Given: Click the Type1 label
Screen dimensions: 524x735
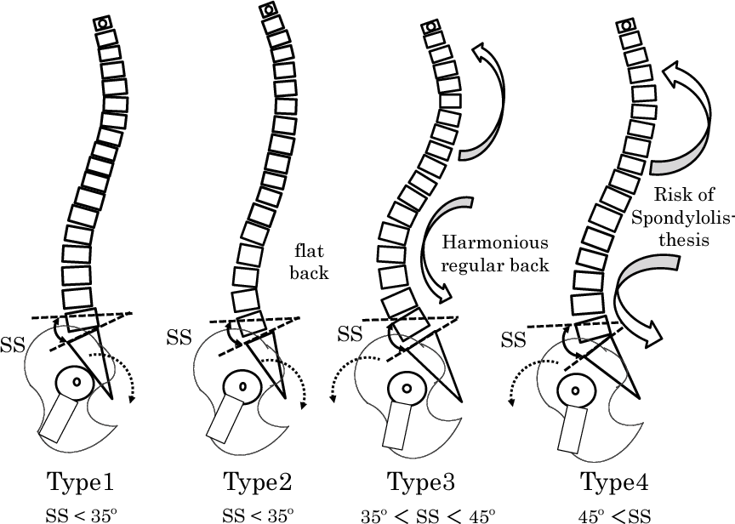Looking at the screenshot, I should click(77, 482).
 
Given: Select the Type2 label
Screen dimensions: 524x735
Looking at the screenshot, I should click(258, 482).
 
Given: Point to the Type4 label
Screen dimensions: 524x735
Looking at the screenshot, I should click(615, 482).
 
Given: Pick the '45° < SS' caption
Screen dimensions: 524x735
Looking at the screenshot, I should click(614, 514).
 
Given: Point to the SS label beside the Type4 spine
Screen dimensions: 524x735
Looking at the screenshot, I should click(513, 340).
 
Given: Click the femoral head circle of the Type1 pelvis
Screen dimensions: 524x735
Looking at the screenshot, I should click(76, 383).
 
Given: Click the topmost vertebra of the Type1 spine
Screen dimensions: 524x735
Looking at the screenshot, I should click(102, 24).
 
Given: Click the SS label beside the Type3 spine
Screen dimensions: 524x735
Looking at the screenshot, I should click(350, 333).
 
